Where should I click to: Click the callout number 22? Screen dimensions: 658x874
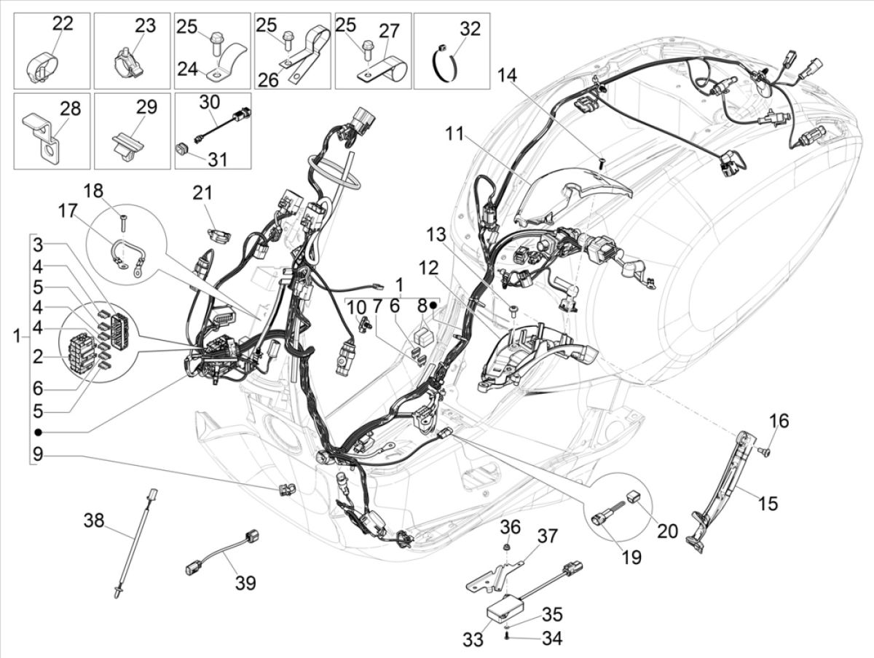[x=62, y=24]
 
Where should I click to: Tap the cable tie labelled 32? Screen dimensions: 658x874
[x=444, y=59]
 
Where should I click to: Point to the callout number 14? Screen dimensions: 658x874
[x=509, y=75]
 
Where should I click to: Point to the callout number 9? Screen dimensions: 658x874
[x=37, y=456]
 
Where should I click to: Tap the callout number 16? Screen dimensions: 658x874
[x=757, y=421]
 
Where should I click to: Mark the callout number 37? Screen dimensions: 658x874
[x=547, y=537]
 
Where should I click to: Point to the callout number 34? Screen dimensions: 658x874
[x=551, y=638]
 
